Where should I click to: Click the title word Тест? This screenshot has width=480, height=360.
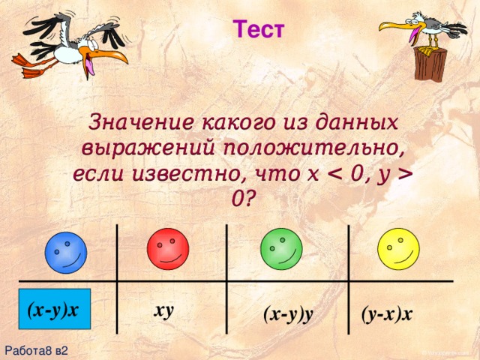point(259,31)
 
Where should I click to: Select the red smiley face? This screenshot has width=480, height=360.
point(171,249)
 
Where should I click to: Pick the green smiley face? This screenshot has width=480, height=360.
point(280,249)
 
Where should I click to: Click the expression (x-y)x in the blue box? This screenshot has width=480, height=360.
point(54,309)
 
